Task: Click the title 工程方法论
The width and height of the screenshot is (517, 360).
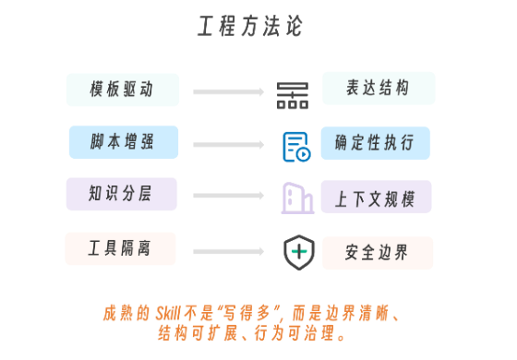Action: pyautogui.click(x=250, y=26)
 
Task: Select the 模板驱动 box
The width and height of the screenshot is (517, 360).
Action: pyautogui.click(x=123, y=90)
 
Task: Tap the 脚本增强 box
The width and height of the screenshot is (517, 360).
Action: pyautogui.click(x=124, y=142)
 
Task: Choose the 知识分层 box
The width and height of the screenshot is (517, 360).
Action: pyautogui.click(x=122, y=194)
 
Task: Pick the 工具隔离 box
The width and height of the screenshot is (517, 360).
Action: pyautogui.click(x=120, y=248)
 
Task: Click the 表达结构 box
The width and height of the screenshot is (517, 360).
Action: pyautogui.click(x=379, y=89)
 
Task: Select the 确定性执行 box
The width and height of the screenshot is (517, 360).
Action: pyautogui.click(x=376, y=143)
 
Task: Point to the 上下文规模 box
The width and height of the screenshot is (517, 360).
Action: pyautogui.click(x=377, y=197)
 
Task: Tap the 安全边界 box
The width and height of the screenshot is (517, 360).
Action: pyautogui.click(x=378, y=253)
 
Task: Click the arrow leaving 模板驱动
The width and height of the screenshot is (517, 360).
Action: pyautogui.click(x=229, y=91)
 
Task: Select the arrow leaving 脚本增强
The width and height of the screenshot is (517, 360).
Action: pyautogui.click(x=229, y=144)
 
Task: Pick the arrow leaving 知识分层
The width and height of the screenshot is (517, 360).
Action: pyautogui.click(x=229, y=196)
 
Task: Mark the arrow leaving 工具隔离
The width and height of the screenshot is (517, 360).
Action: pyautogui.click(x=229, y=251)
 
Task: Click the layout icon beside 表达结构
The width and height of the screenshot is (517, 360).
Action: pyautogui.click(x=293, y=96)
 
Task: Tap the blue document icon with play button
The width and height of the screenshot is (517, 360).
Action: pyautogui.click(x=296, y=147)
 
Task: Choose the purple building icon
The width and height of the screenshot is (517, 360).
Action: pyautogui.click(x=297, y=198)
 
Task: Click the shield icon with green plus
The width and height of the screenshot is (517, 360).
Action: pyautogui.click(x=299, y=252)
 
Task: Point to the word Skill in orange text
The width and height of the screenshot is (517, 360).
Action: pyautogui.click(x=168, y=313)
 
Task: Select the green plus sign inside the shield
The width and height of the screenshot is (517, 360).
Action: pyautogui.click(x=299, y=252)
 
